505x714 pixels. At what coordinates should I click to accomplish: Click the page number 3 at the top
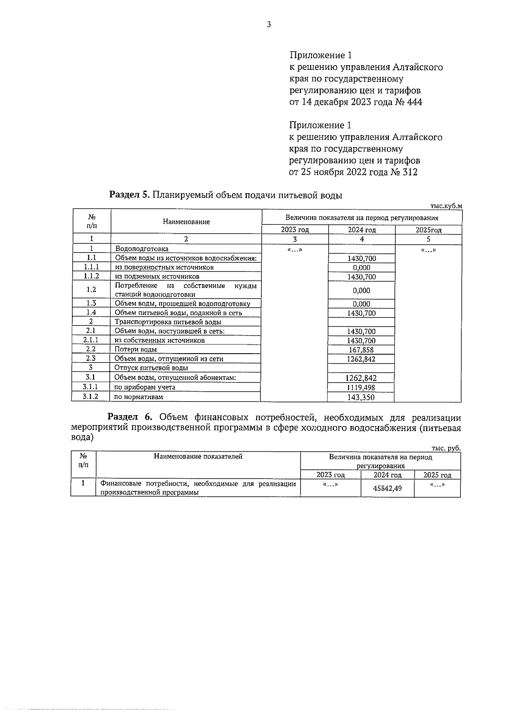pyautogui.click(x=268, y=24)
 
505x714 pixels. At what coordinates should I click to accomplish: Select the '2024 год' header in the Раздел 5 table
pyautogui.click(x=361, y=230)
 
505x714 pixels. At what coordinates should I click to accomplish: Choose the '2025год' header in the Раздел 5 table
pyautogui.click(x=428, y=230)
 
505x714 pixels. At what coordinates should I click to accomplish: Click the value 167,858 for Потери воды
pyautogui.click(x=361, y=350)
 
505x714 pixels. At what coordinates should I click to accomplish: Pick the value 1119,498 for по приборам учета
pyautogui.click(x=361, y=387)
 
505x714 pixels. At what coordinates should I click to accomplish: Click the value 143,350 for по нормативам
pyautogui.click(x=361, y=397)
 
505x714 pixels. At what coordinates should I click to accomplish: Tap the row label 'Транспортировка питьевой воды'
pyautogui.click(x=168, y=322)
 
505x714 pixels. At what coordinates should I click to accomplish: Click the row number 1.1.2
pyautogui.click(x=91, y=276)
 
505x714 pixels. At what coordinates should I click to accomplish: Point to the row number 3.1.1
pyautogui.click(x=90, y=387)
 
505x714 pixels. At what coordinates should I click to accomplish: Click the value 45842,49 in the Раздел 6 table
pyautogui.click(x=387, y=489)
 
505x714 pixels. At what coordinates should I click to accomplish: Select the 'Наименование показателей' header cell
pyautogui.click(x=198, y=456)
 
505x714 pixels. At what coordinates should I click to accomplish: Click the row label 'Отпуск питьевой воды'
pyautogui.click(x=151, y=368)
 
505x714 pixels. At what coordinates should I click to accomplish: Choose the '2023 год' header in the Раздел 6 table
pyautogui.click(x=330, y=475)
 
